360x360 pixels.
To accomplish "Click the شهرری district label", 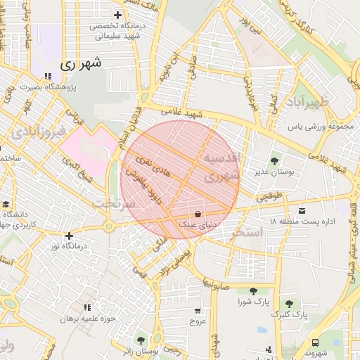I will [x=82, y=63].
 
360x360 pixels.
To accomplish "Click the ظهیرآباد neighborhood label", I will [x=307, y=102].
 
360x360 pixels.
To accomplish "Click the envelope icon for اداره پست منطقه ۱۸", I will [x=302, y=210].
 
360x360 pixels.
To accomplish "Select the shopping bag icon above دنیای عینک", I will [x=197, y=213].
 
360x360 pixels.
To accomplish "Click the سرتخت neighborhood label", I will [x=112, y=203].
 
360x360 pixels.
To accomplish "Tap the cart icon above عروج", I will [x=198, y=310].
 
